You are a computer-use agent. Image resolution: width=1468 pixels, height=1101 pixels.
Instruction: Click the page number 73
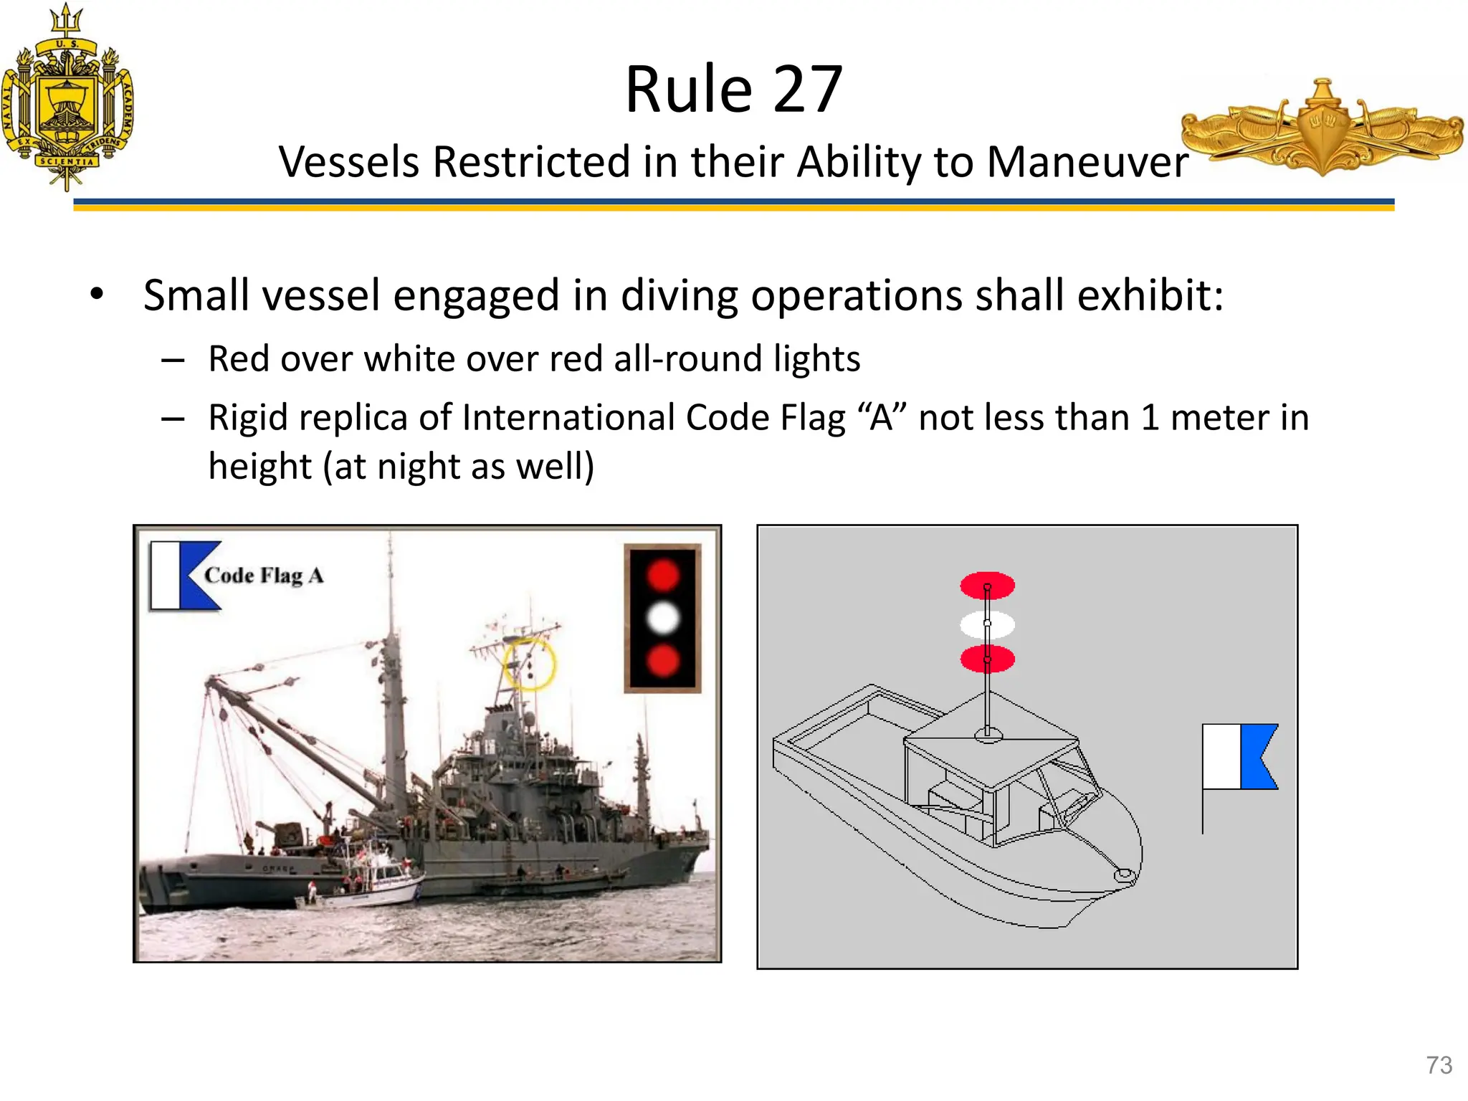pos(1439,1065)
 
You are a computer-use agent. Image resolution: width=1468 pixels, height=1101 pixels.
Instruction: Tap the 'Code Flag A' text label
pos(264,576)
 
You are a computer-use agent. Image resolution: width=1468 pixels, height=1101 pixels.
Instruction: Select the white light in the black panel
pos(663,618)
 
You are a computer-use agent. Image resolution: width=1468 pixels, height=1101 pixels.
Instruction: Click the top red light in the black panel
pos(663,575)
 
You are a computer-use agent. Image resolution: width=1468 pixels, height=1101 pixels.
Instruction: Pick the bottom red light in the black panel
pos(663,660)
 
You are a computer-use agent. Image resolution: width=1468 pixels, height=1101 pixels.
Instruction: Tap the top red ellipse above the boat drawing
pos(987,585)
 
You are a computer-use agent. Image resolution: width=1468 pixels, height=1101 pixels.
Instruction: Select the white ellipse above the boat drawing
pos(987,624)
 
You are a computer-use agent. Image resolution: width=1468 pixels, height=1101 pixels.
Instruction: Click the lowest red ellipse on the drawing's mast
pos(987,659)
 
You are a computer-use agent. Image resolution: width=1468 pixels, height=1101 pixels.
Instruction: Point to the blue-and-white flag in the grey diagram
pos(1240,757)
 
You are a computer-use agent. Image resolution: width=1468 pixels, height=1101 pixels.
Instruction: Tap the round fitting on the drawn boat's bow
pos(1123,875)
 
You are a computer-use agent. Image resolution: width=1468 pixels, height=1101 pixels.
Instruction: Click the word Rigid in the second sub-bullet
pos(248,418)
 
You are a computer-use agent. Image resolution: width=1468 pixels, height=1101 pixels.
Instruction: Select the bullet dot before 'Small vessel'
pos(97,294)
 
